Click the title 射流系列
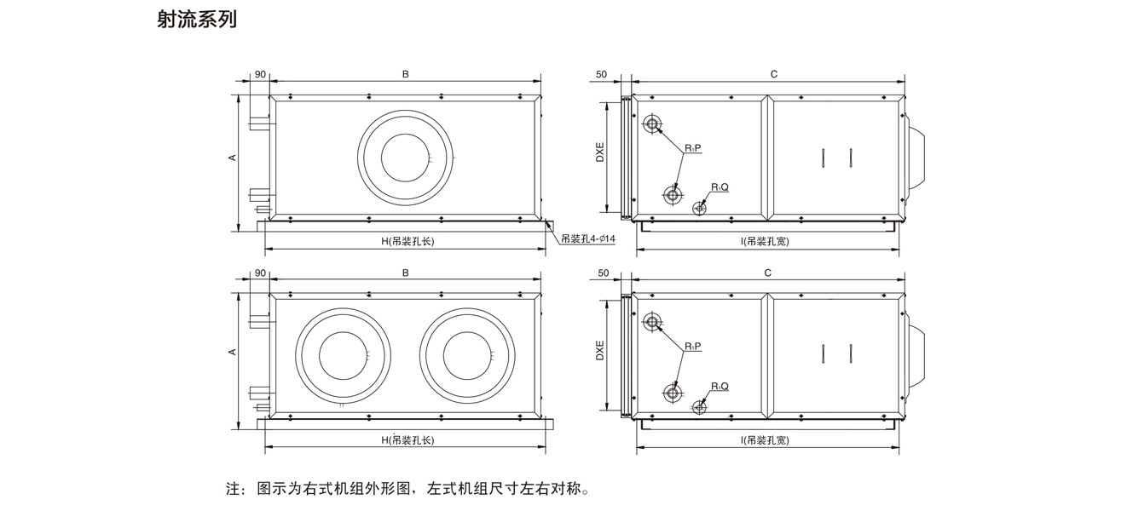point(197,20)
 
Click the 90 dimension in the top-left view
point(259,74)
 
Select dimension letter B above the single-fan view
point(406,74)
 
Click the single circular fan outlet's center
point(406,158)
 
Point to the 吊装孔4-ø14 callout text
point(588,238)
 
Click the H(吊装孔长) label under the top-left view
point(407,241)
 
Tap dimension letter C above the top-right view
point(773,74)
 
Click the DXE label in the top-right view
point(600,150)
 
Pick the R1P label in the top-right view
point(692,148)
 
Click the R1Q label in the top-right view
point(720,187)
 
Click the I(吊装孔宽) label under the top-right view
point(765,241)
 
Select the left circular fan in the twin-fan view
point(343,356)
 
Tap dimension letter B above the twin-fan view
point(406,273)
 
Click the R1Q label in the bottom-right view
point(720,387)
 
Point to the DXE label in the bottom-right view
point(600,350)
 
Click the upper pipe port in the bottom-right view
point(653,322)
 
